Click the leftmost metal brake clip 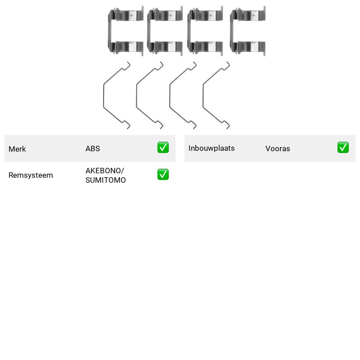tap(110, 31)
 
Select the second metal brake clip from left tap(149, 31)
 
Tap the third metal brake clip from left tap(189, 31)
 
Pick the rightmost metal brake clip tap(232, 31)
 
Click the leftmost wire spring tap(104, 95)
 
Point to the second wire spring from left tap(137, 95)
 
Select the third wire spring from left tap(170, 95)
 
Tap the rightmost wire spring tap(203, 95)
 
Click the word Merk tap(17, 149)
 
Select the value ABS tap(93, 148)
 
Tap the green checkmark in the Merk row tap(163, 148)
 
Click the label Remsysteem tap(31, 175)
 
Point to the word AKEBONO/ tap(105, 171)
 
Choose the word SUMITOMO tap(106, 180)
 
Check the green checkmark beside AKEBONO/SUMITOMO tap(163, 175)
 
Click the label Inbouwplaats tap(211, 148)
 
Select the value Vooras tap(278, 148)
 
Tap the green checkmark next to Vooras tap(343, 148)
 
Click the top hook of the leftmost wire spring tap(127, 66)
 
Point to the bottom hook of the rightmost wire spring tap(227, 125)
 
